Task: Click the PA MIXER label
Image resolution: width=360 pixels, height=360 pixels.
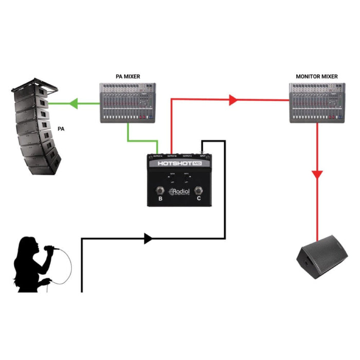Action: [127, 76]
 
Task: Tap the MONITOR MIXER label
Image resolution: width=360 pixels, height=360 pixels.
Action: [317, 76]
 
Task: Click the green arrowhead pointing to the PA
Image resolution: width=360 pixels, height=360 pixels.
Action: [74, 104]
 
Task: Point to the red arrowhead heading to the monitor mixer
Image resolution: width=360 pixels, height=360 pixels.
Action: [232, 99]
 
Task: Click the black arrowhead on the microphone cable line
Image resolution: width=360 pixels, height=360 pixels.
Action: [148, 238]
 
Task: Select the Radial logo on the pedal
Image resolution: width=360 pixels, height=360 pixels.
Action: [181, 193]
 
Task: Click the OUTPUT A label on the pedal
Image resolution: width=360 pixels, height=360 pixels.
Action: [155, 155]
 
